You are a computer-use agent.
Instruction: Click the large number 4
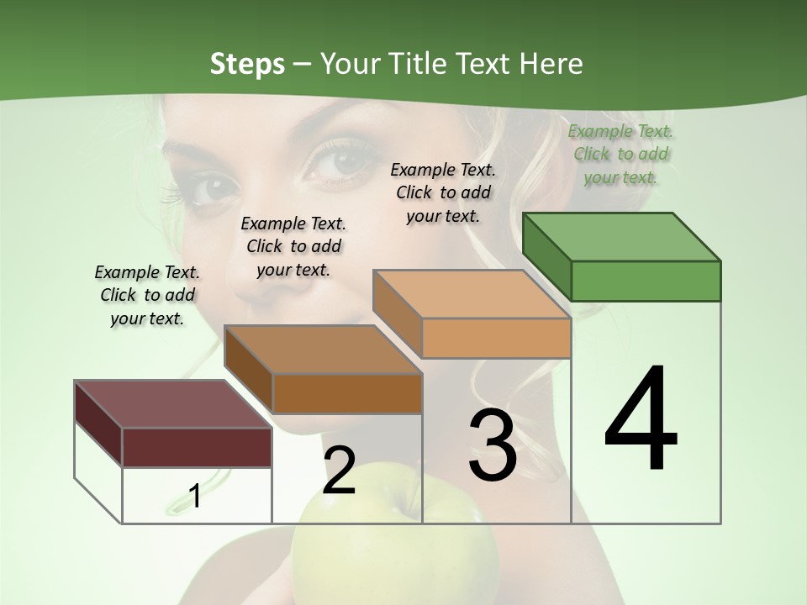click(641, 420)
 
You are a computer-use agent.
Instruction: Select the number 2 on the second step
click(339, 470)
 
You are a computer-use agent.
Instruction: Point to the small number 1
click(194, 496)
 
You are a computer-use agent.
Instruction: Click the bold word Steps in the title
click(247, 63)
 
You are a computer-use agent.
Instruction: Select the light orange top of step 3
click(472, 294)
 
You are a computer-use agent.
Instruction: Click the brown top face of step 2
click(323, 350)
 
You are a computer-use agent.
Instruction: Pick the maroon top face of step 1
click(172, 404)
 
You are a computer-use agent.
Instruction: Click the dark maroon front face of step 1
click(197, 447)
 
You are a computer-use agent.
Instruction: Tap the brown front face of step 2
click(347, 393)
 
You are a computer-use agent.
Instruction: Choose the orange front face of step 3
click(496, 338)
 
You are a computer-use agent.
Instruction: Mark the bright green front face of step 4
click(646, 281)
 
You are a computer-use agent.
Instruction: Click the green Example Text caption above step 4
click(620, 155)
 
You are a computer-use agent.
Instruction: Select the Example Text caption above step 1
click(147, 295)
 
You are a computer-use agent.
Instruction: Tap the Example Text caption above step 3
click(443, 192)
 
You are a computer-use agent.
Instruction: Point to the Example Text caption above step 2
click(293, 246)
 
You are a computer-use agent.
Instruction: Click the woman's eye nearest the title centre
click(340, 160)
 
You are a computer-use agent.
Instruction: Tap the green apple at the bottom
click(357, 546)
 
